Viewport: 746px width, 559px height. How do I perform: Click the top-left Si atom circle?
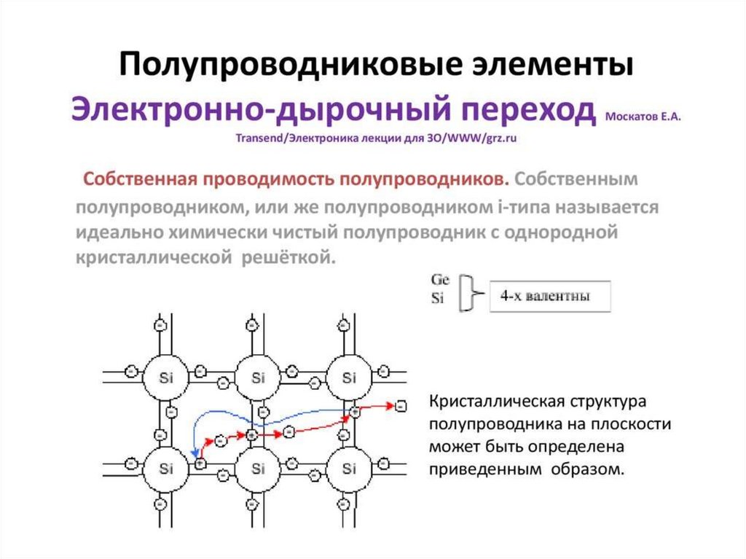pyautogui.click(x=167, y=378)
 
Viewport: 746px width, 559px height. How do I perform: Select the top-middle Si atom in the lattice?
pyautogui.click(x=258, y=378)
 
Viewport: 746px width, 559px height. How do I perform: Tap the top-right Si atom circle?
pyautogui.click(x=349, y=378)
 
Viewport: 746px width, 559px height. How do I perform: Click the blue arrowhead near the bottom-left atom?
pyautogui.click(x=195, y=454)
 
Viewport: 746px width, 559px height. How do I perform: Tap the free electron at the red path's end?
pyautogui.click(x=399, y=404)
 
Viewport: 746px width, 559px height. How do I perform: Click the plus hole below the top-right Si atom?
pyautogui.click(x=355, y=413)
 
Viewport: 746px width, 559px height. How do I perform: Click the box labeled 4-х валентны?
pyautogui.click(x=550, y=297)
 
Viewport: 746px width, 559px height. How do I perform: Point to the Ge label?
pyautogui.click(x=440, y=280)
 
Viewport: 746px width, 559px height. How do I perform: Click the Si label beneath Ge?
pyautogui.click(x=437, y=298)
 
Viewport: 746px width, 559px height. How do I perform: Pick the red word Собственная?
pyautogui.click(x=140, y=179)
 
